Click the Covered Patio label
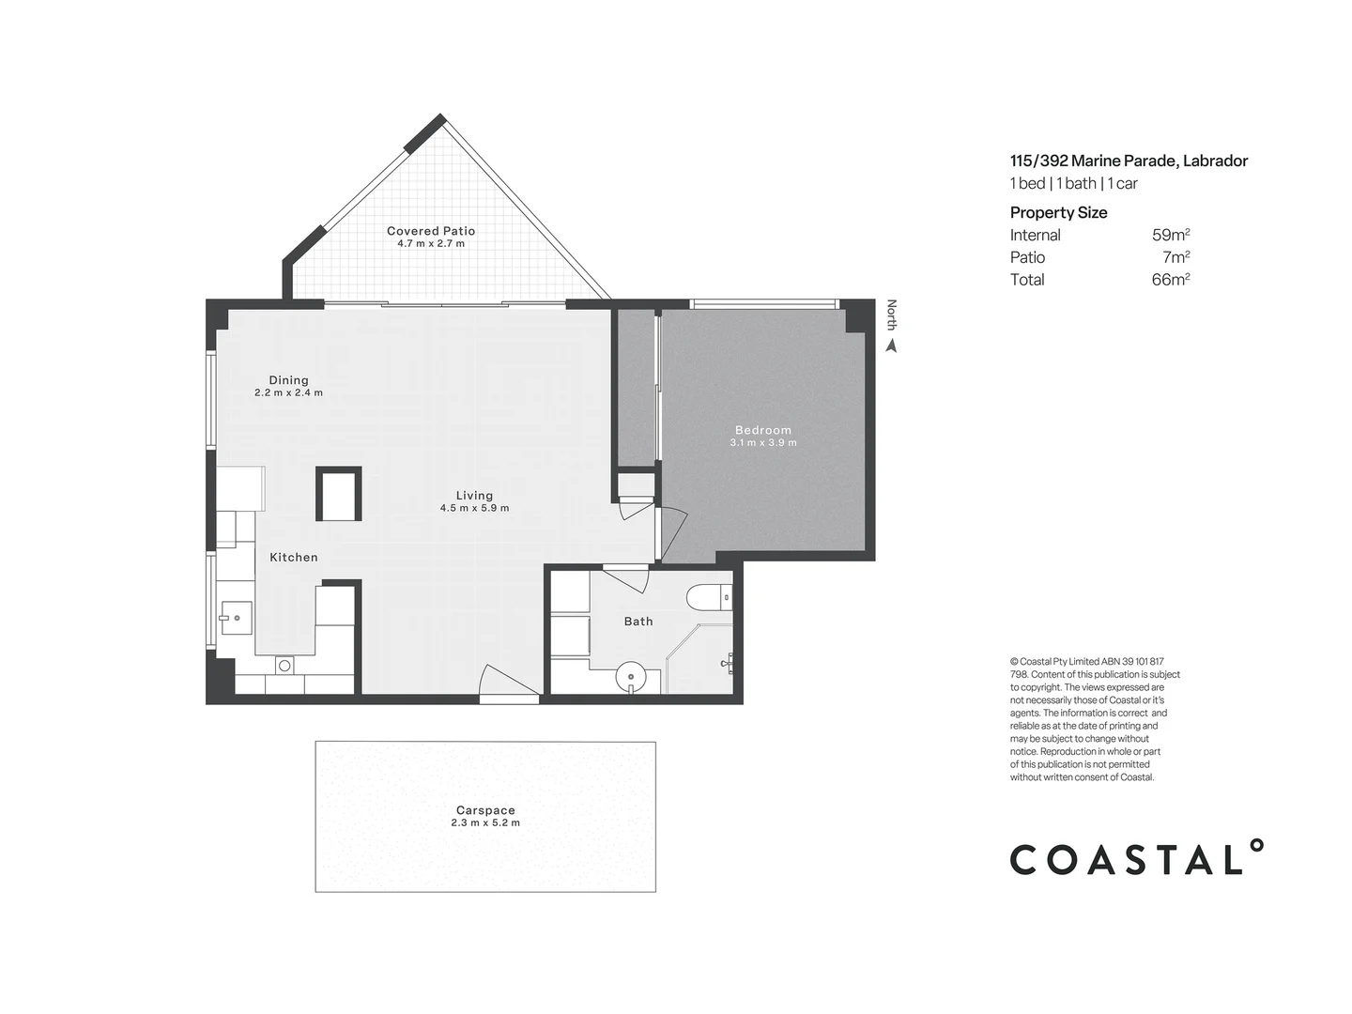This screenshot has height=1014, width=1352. click(x=431, y=231)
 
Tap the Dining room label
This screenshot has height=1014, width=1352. click(x=288, y=380)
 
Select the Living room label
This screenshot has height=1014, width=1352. click(x=474, y=496)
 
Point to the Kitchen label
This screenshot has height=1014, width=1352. click(x=294, y=558)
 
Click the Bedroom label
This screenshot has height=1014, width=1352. click(x=762, y=430)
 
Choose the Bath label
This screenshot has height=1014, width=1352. click(x=638, y=622)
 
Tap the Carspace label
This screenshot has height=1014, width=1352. click(x=485, y=810)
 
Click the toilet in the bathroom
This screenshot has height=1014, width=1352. click(x=709, y=597)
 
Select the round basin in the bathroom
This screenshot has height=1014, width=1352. click(x=631, y=676)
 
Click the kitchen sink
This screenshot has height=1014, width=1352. click(x=236, y=618)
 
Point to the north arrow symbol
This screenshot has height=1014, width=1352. click(x=891, y=346)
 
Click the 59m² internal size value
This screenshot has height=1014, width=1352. click(x=1171, y=236)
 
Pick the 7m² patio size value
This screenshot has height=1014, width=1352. click(x=1176, y=257)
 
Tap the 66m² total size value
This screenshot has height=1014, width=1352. click(x=1171, y=280)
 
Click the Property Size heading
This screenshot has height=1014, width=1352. click(x=1058, y=213)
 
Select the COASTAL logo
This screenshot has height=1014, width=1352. click(x=1136, y=858)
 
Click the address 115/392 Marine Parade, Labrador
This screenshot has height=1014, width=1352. click(x=1129, y=161)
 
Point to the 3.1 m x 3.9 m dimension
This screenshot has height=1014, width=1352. click(x=762, y=443)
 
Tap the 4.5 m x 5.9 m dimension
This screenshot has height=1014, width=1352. click(x=474, y=509)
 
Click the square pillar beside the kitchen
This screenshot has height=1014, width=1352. click(x=338, y=495)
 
